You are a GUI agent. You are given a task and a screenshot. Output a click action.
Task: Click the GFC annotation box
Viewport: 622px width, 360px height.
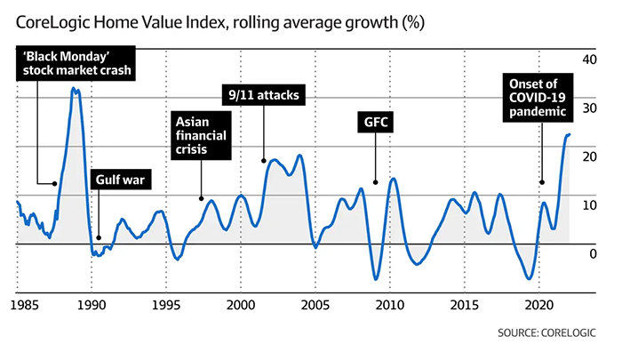coord(374,120)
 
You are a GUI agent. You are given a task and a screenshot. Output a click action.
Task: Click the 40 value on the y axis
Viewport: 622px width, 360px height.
coord(587,59)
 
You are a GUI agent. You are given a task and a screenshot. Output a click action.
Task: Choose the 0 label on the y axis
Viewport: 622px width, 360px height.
coord(593,254)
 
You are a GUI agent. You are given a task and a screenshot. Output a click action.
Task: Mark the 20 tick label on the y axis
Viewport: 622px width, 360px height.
coord(587,156)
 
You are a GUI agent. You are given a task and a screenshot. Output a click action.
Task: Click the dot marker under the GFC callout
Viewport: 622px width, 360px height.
coord(375,181)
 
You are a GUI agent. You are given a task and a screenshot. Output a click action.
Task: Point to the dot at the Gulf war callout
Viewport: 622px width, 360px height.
coord(99,238)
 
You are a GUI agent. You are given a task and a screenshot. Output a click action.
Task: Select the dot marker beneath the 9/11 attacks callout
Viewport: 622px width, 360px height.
coord(264,161)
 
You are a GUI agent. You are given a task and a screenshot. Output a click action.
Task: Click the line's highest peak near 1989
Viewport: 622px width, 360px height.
coord(75,89)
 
